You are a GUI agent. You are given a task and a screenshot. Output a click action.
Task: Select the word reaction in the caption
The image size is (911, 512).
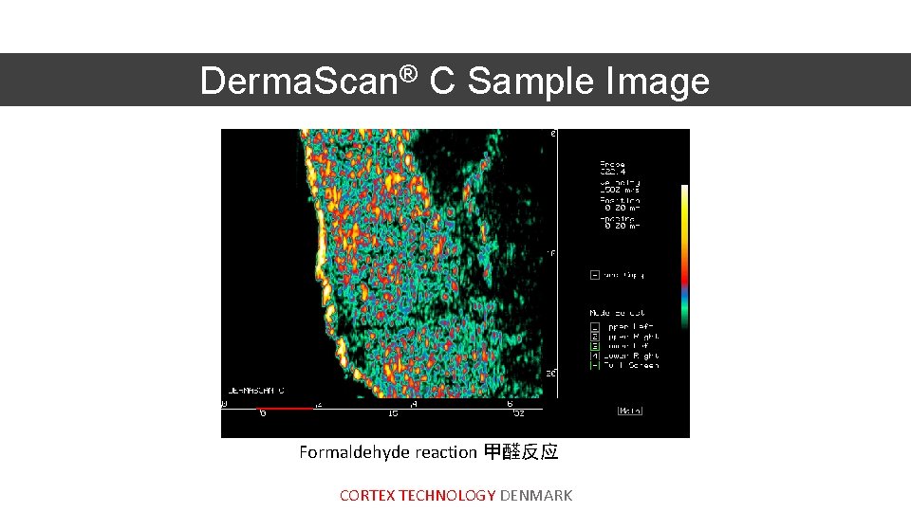click(x=445, y=452)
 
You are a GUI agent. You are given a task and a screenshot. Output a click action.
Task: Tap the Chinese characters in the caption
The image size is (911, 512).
click(x=521, y=452)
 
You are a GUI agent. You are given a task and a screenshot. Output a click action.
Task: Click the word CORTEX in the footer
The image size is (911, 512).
click(x=367, y=495)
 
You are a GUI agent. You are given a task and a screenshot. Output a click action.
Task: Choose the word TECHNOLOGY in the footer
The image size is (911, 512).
click(x=447, y=495)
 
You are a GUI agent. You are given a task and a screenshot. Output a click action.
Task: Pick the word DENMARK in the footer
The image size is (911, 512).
click(x=536, y=495)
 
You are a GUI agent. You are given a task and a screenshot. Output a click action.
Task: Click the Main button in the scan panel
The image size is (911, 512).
click(x=630, y=411)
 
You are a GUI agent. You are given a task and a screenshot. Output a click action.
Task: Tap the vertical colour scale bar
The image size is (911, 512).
click(x=684, y=256)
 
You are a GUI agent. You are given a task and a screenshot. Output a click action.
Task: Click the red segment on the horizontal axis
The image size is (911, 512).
click(x=285, y=409)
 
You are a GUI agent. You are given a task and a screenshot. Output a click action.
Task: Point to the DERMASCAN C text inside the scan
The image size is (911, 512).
click(x=256, y=390)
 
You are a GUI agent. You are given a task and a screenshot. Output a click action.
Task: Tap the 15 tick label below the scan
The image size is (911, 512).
click(x=393, y=414)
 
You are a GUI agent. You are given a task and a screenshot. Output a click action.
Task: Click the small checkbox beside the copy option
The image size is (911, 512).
click(x=595, y=275)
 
